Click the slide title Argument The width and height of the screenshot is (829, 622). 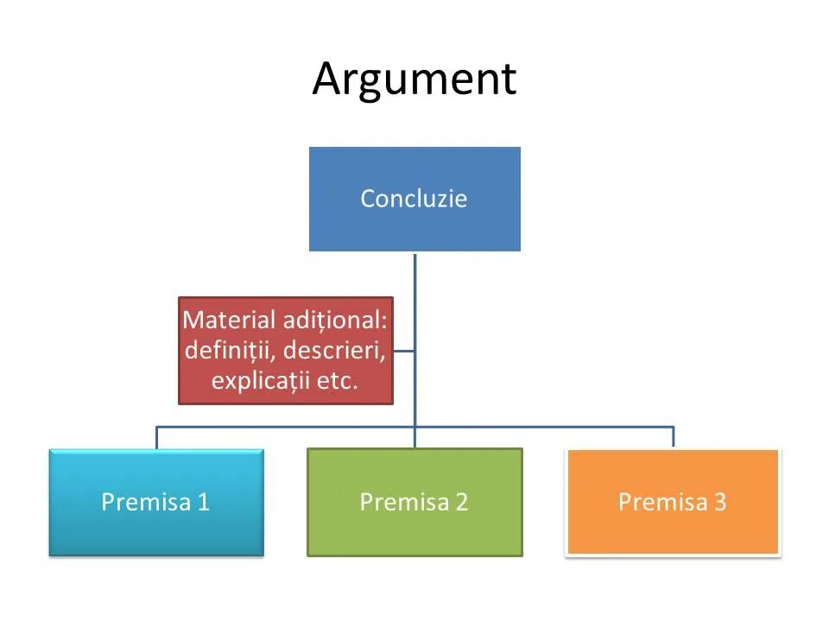[414, 79]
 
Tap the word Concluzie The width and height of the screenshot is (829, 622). [414, 199]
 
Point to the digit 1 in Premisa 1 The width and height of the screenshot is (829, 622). [204, 502]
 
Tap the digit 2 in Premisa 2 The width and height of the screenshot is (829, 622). [462, 502]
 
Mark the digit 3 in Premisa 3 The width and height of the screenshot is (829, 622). [720, 502]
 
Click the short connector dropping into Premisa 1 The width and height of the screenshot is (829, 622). [156, 437]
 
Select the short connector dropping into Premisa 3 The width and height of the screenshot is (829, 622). [673, 437]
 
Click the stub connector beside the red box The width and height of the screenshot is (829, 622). [403, 351]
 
